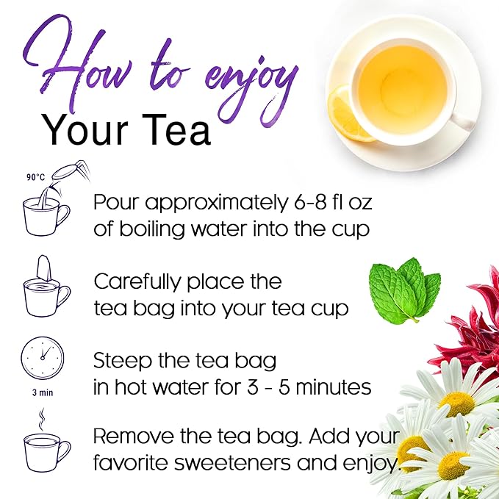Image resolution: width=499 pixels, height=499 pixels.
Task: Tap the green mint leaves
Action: (x=403, y=290)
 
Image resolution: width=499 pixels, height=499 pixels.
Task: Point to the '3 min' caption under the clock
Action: (x=42, y=392)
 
